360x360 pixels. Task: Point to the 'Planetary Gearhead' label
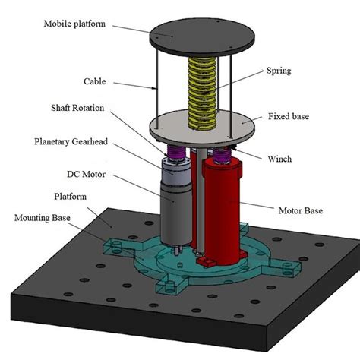click(x=77, y=141)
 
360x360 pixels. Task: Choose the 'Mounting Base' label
click(x=44, y=217)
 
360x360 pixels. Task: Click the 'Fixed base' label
click(x=289, y=117)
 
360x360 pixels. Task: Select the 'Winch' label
click(x=282, y=159)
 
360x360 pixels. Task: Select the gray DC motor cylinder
click(x=174, y=205)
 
